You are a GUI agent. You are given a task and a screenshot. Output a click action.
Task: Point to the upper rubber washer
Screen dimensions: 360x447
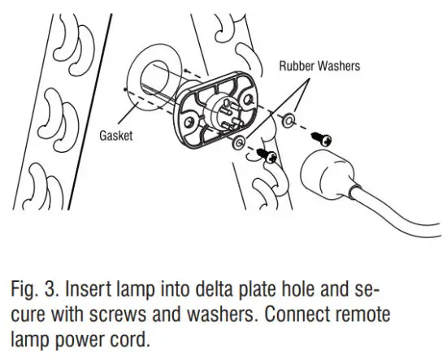[x=289, y=121]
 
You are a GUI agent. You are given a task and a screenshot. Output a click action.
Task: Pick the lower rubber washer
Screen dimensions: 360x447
[x=237, y=143]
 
